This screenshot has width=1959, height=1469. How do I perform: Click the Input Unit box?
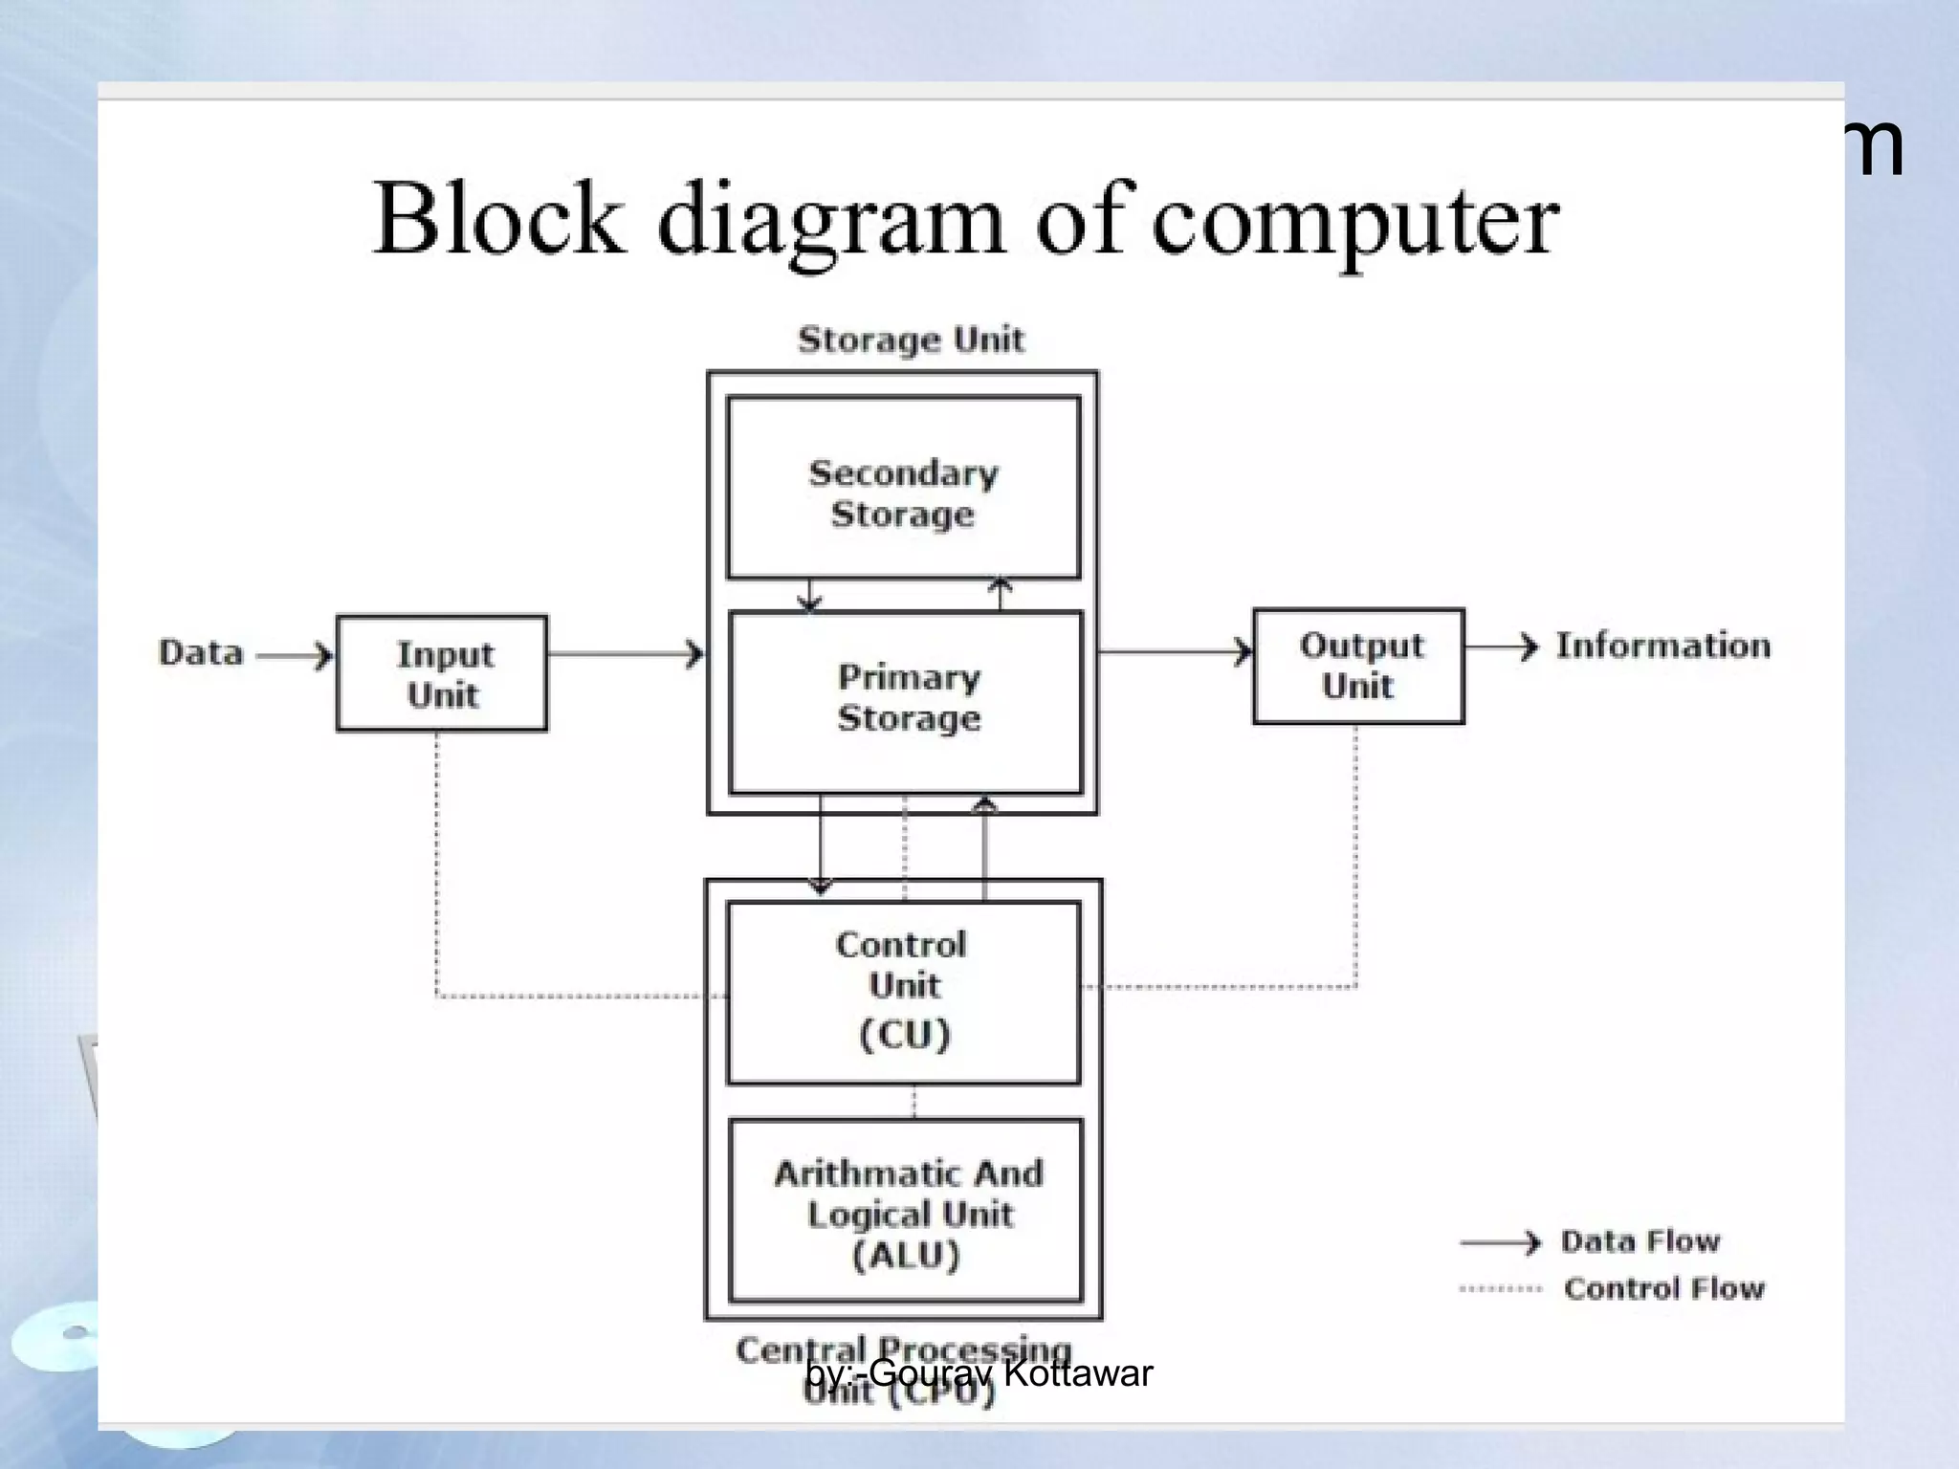[x=442, y=673]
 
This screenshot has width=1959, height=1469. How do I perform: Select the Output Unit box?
[x=1358, y=666]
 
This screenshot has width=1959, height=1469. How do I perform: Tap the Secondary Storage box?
[x=903, y=489]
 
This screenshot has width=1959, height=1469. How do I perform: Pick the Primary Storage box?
[x=906, y=703]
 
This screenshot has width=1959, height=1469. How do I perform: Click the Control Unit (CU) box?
[x=903, y=992]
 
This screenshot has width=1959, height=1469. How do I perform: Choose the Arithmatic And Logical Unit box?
[x=906, y=1211]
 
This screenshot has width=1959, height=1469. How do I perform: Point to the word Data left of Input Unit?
[x=201, y=653]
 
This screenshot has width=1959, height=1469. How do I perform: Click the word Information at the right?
[x=1662, y=646]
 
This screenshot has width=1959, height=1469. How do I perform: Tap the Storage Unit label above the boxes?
[x=911, y=340]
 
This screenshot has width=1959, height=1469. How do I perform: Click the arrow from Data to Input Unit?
[x=296, y=656]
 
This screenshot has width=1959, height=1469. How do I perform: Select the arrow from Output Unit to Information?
[x=1501, y=647]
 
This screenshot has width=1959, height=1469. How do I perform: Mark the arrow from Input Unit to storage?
[x=627, y=655]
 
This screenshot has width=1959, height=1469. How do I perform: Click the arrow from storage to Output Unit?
[x=1176, y=652]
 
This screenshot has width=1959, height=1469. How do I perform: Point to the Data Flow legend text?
[x=1640, y=1241]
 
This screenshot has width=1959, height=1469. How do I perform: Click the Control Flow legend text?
[x=1663, y=1289]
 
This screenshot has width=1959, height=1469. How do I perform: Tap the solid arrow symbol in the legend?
[x=1500, y=1242]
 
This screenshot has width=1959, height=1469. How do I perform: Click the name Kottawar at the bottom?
[x=1078, y=1373]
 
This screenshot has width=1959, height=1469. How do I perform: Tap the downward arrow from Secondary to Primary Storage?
[x=809, y=595]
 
